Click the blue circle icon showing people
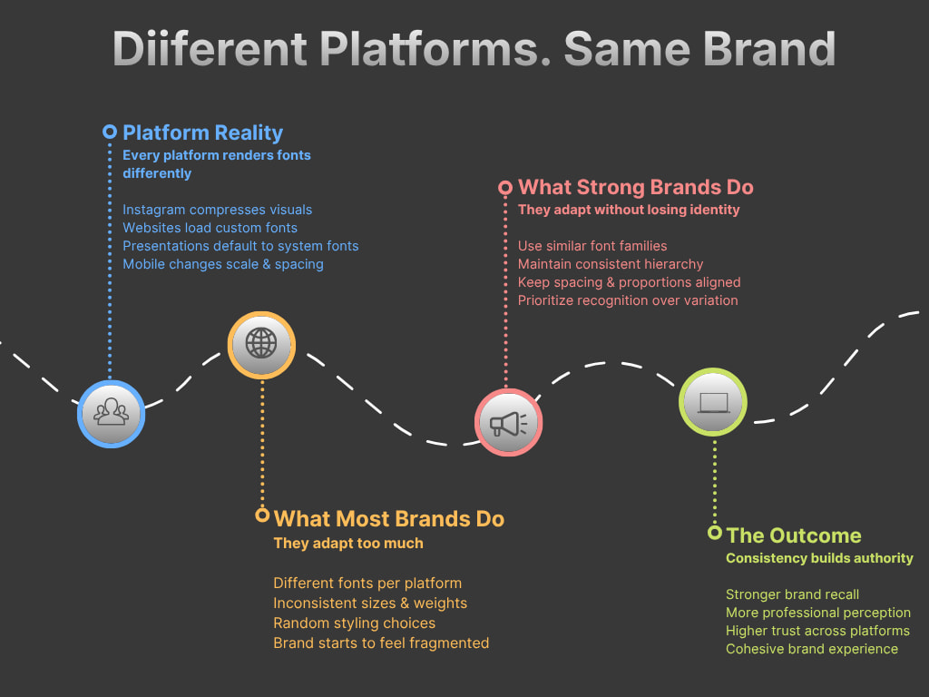(111, 413)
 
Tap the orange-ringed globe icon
(261, 344)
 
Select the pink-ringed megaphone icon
(509, 422)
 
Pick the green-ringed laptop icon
(713, 402)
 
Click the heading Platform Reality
(202, 133)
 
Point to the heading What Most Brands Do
(388, 518)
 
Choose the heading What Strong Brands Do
(635, 188)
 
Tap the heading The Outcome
(794, 535)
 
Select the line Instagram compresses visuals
(217, 210)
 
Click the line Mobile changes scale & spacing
(223, 264)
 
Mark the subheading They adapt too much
(348, 544)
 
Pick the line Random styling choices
(354, 623)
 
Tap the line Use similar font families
(592, 246)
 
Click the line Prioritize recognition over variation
(628, 300)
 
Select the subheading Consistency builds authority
(819, 558)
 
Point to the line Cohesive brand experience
(812, 649)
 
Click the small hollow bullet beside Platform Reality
(110, 132)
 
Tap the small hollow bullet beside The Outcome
(715, 533)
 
